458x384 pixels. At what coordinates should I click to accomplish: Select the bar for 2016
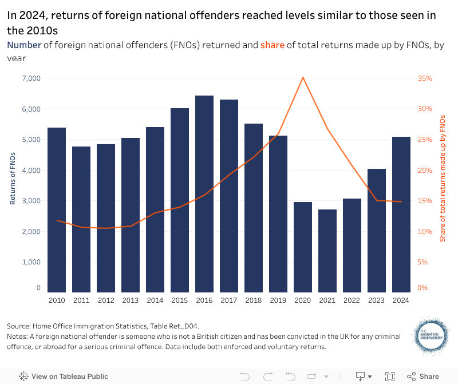pos(204,195)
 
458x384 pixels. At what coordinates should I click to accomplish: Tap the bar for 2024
pos(401,215)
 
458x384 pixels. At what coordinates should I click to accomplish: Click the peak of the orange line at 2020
pos(303,77)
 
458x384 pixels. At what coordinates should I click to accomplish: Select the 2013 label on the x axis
pos(131,300)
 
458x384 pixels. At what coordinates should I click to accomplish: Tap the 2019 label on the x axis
pos(278,300)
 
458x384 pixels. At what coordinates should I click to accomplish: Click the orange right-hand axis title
pos(443,178)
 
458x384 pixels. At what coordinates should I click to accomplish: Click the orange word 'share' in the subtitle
pos(273,45)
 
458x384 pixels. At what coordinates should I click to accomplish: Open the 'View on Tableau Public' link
pos(64,377)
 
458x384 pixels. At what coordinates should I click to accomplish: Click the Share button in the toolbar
pos(423,377)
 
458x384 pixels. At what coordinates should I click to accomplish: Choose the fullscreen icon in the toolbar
pos(390,377)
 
